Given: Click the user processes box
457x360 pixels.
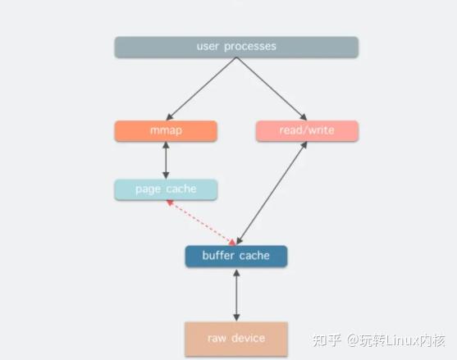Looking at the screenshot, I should tap(236, 47).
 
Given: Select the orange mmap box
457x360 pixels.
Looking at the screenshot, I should tap(166, 131).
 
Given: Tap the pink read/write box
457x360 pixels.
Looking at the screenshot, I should tap(307, 131).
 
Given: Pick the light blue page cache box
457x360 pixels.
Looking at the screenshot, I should tap(166, 189).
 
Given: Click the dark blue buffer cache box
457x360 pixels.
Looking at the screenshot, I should tap(236, 256).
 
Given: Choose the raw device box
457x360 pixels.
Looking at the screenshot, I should tap(236, 338).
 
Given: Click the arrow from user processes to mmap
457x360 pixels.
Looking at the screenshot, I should tap(202, 89).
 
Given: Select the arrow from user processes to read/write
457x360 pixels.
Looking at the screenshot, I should tap(271, 89).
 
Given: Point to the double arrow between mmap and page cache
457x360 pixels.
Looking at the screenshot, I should tap(166, 160).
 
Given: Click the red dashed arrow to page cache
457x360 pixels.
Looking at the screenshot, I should tap(201, 221).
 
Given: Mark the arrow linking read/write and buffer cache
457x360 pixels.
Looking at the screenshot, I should tap(271, 193).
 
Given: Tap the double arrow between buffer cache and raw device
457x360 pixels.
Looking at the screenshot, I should tap(236, 294).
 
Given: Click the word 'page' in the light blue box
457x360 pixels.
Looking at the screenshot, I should tap(149, 189).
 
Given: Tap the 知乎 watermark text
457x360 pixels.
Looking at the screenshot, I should tap(328, 338).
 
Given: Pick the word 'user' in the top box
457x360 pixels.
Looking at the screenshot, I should tap(208, 47).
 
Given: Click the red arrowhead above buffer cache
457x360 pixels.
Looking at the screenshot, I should tap(232, 242).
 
